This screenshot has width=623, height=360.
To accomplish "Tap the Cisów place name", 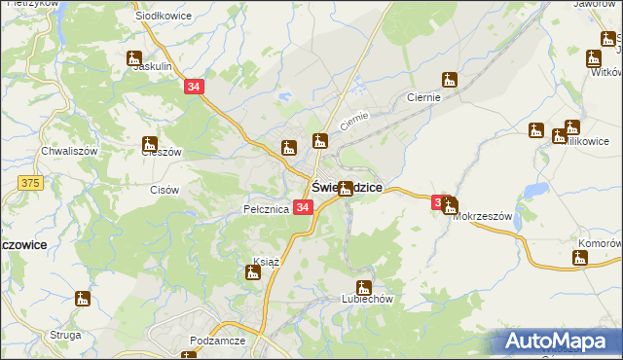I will [x=165, y=190].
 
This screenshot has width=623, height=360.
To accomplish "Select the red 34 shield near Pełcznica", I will [x=303, y=208].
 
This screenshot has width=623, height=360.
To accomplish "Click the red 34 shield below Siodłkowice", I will [x=194, y=88].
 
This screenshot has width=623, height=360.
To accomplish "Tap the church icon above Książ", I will [x=253, y=271].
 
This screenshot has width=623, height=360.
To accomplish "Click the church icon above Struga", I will [x=83, y=299].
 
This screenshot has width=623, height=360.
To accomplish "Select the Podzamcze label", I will [x=218, y=342].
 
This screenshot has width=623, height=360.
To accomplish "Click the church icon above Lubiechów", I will [x=363, y=287].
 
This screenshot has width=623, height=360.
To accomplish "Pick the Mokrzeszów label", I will [x=483, y=216].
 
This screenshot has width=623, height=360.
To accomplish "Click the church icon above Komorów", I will [x=580, y=258].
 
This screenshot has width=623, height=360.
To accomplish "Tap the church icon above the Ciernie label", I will [x=449, y=80].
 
